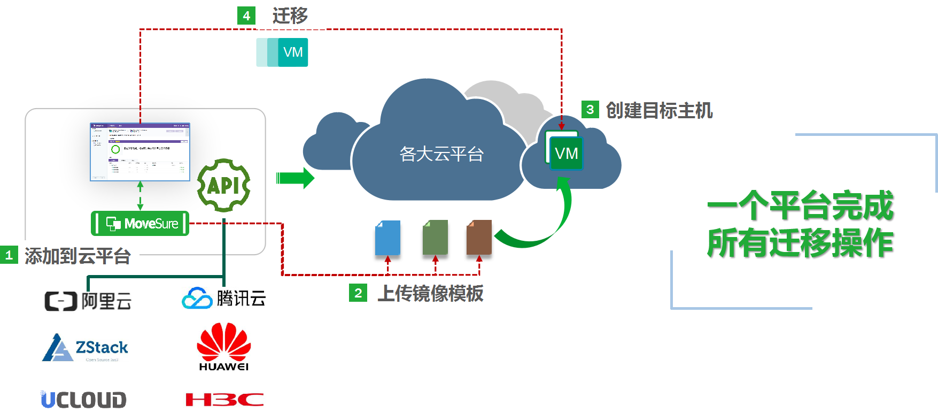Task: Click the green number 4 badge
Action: point(246,16)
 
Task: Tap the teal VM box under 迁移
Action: point(282,52)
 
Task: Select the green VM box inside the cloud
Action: point(566,154)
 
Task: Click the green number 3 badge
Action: point(590,110)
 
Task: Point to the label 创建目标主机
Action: point(659,110)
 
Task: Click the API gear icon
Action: point(224,185)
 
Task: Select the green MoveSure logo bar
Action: point(140,223)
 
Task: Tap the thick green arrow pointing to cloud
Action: point(294,178)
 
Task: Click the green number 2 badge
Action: point(358,293)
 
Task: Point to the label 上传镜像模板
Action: point(430,293)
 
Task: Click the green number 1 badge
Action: point(9,255)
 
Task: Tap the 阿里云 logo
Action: point(88,302)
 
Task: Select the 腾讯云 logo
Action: point(224,298)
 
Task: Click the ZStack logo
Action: point(85,348)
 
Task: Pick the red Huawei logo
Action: point(224,347)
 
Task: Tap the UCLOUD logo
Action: point(83,399)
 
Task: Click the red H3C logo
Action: point(224,399)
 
